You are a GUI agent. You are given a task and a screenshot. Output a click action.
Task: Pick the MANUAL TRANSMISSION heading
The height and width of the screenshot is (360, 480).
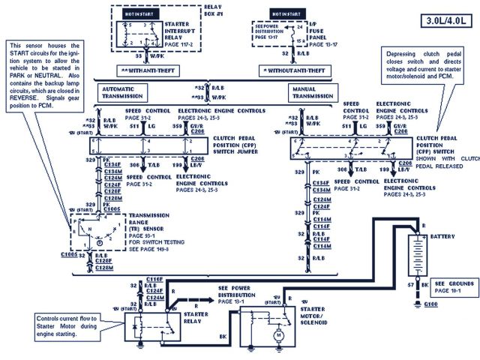pyautogui.click(x=310, y=92)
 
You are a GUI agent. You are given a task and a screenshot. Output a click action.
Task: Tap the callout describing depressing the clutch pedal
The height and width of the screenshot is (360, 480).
pyautogui.click(x=428, y=74)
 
